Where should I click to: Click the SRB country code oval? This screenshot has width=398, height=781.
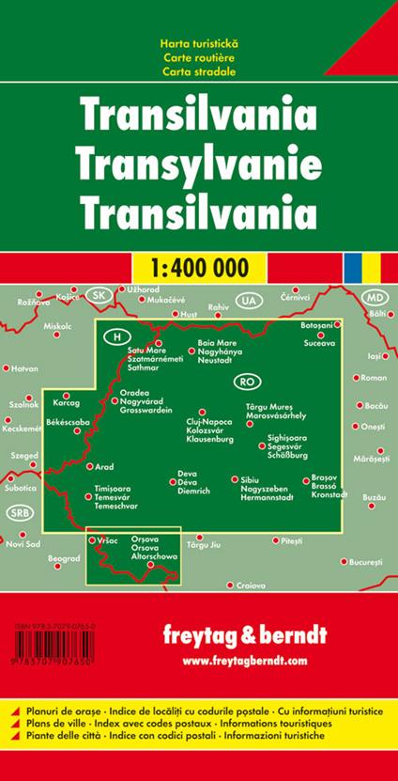(18, 512)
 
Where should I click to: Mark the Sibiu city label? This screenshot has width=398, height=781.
(237, 479)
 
